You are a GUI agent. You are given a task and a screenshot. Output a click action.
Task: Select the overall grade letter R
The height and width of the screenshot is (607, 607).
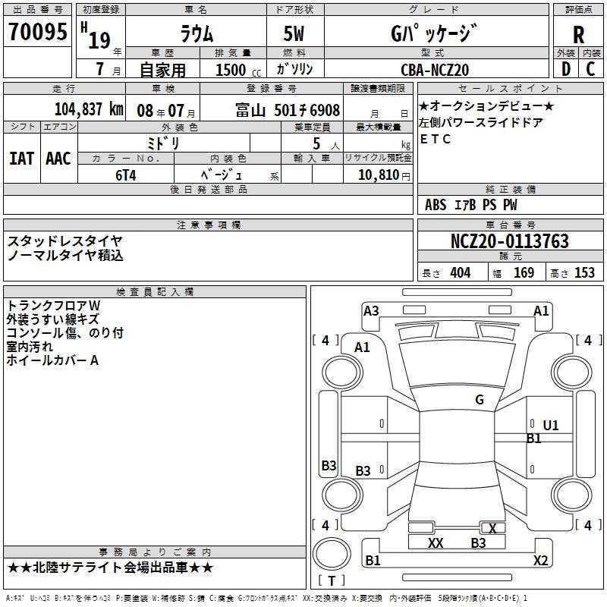tap(578, 35)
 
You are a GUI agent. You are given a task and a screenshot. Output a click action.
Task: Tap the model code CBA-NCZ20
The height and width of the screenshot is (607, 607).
tap(435, 70)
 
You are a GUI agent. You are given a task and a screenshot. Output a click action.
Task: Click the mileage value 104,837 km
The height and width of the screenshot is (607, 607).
tap(89, 109)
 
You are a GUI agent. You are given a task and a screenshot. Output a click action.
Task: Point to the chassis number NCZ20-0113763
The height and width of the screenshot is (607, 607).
tap(509, 242)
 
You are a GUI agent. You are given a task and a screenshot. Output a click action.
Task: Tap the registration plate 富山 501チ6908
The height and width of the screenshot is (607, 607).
tap(288, 109)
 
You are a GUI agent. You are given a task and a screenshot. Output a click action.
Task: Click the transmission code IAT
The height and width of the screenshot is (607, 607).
tap(21, 158)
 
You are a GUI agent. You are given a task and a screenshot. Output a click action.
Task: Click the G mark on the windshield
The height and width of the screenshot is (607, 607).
tap(479, 400)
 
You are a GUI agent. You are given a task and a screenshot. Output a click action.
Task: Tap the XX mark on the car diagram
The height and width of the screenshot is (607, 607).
tap(436, 543)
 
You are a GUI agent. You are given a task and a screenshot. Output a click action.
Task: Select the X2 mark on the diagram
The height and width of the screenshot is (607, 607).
tap(540, 561)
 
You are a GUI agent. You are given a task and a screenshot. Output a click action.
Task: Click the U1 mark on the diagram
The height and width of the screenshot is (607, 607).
tap(551, 426)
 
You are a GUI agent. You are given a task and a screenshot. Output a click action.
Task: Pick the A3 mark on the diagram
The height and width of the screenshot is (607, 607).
tap(371, 310)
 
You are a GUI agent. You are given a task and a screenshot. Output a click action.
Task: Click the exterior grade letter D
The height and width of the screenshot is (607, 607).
tap(565, 69)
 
